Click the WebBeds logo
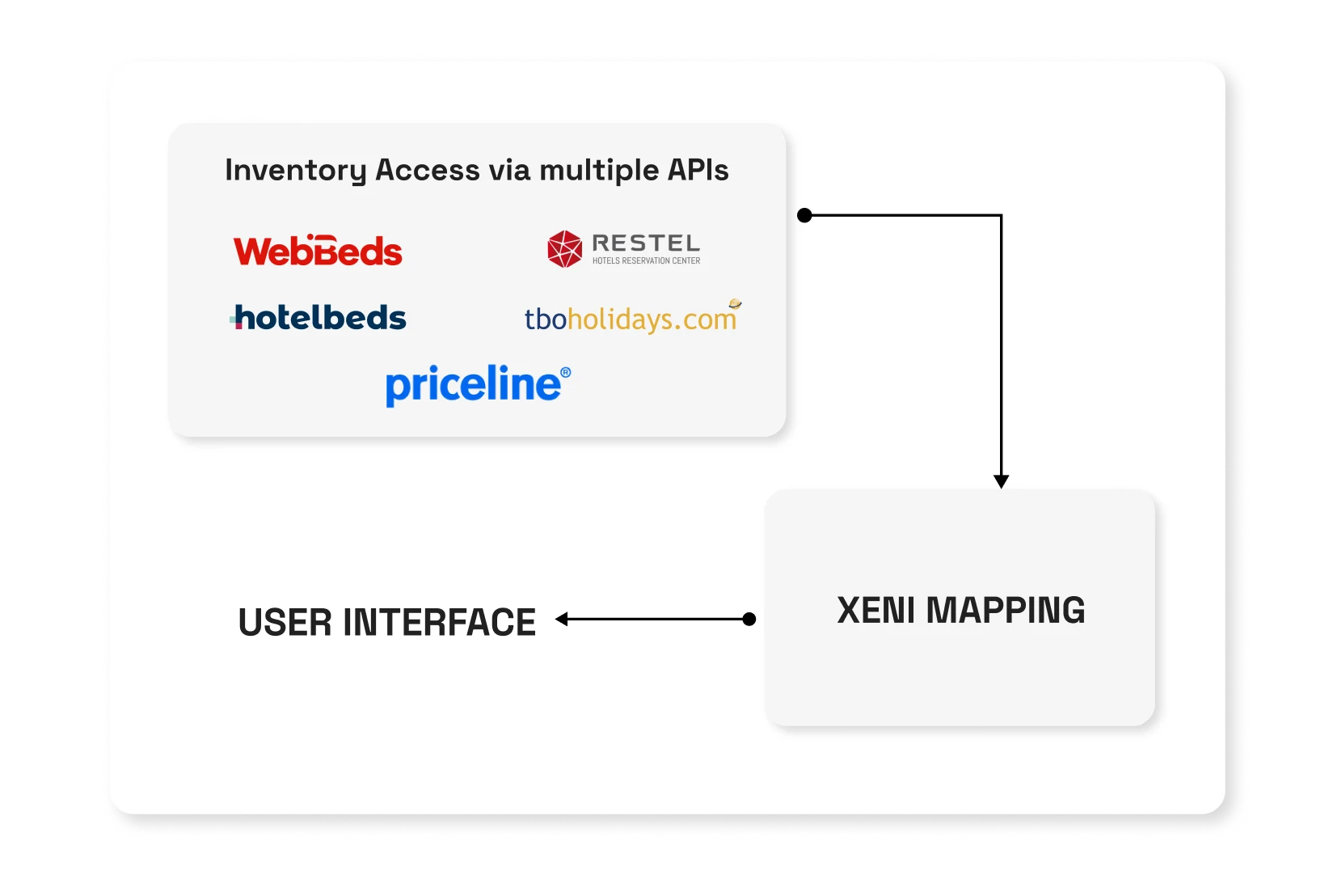coord(318,250)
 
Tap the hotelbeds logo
coord(318,317)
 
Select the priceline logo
coord(479,385)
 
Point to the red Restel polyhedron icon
coord(564,248)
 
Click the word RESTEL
coord(646,243)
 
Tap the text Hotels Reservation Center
coord(646,260)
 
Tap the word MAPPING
coord(1006,610)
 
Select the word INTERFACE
coord(440,622)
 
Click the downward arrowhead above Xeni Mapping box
coord(1001,481)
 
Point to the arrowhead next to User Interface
coord(561,619)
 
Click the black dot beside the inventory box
coord(804,215)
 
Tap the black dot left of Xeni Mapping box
coord(749,619)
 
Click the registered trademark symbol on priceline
coord(565,373)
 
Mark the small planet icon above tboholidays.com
coord(735,304)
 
